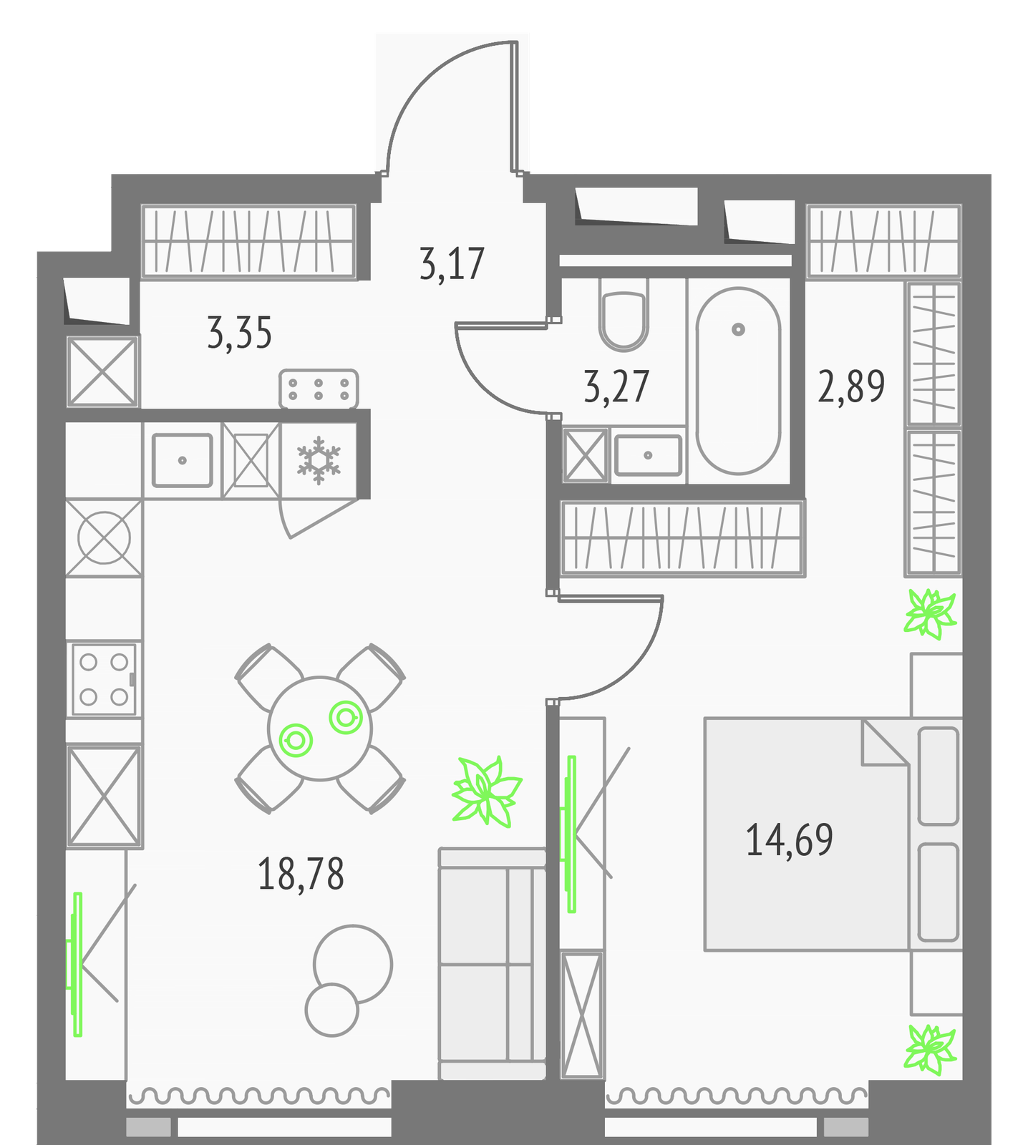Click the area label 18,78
coord(301,874)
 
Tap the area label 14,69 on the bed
coord(790,840)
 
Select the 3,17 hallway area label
coord(452,263)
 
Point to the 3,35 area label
coord(240,333)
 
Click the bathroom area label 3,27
coord(617,386)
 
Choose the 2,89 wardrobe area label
coord(852,386)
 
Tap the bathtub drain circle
coord(738,329)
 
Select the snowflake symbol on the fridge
coord(319,460)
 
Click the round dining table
coord(320,729)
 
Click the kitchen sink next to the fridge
coord(182,460)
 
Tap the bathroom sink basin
coord(648,455)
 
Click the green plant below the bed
coord(931,1049)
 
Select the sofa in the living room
coord(493,963)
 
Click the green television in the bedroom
coord(570,834)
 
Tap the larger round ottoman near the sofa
coord(352,964)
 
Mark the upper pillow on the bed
coord(938,776)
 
